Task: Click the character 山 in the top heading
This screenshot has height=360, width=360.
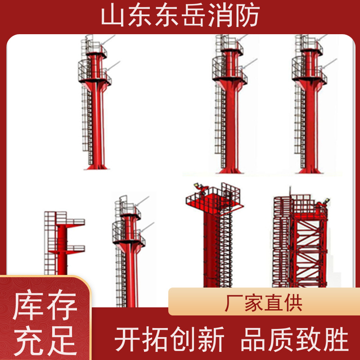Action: [112, 16]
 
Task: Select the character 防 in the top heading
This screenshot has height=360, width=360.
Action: [247, 16]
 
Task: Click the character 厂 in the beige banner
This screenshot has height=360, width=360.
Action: [234, 303]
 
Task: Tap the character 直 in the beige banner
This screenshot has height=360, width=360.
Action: [273, 303]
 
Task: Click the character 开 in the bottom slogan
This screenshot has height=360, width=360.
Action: [127, 339]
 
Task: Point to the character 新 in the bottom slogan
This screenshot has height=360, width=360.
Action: [211, 339]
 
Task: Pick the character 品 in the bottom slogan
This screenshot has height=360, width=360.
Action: [253, 339]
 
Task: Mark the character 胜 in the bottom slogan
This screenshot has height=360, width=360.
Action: [336, 339]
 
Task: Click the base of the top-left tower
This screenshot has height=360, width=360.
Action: [96, 166]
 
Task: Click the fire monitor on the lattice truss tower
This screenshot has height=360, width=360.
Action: [323, 203]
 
